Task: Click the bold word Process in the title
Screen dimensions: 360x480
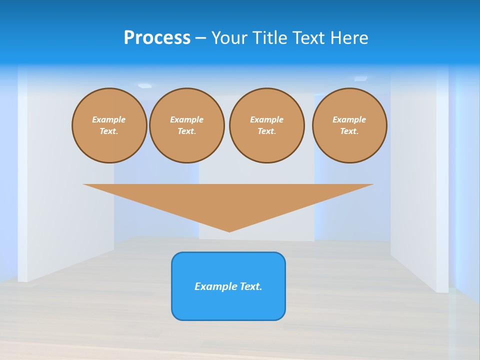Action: pos(157,38)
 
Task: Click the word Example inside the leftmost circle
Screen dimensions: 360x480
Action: pos(109,119)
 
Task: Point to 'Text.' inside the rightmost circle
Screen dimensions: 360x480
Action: pos(349,131)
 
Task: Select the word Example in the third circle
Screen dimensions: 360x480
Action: pos(266,119)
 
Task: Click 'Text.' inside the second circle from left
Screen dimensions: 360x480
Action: pos(187,131)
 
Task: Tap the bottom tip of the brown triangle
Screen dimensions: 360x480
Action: pos(229,230)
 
